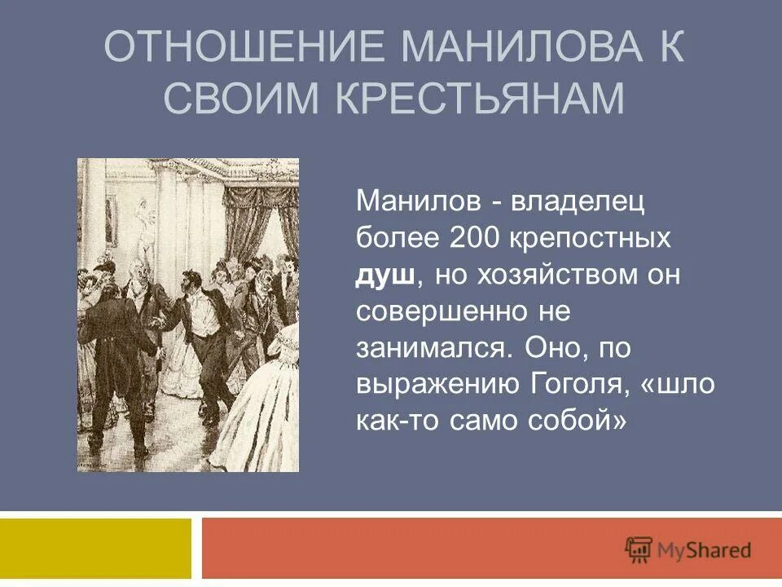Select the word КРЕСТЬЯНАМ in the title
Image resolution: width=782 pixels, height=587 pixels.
(x=481, y=98)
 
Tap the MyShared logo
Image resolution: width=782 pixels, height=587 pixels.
(x=688, y=549)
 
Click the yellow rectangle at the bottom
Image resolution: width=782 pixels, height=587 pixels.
(x=96, y=549)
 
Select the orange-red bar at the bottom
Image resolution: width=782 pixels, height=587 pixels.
(x=407, y=549)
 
